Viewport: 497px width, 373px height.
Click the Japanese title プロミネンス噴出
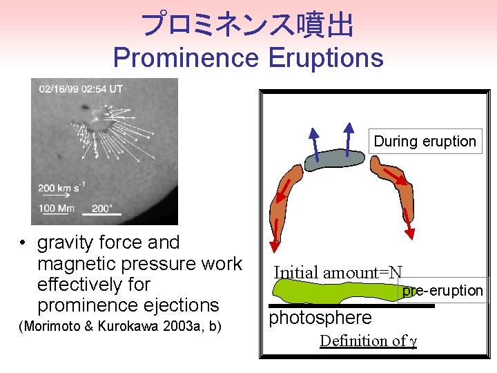point(248,26)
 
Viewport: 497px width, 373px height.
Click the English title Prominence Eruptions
point(248,57)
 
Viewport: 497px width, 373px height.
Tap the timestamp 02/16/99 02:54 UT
point(81,89)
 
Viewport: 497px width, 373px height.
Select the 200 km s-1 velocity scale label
point(61,187)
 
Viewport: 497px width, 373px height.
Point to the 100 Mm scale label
point(57,208)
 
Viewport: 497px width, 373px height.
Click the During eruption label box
point(425,142)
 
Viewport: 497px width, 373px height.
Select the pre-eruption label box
point(442,291)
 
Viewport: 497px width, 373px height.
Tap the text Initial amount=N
point(338,272)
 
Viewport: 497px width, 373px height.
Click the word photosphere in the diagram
point(320,318)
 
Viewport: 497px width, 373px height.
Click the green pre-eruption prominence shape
point(331,292)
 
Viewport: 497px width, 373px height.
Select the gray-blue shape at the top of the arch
point(335,160)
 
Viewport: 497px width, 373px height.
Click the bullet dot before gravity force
point(23,243)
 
